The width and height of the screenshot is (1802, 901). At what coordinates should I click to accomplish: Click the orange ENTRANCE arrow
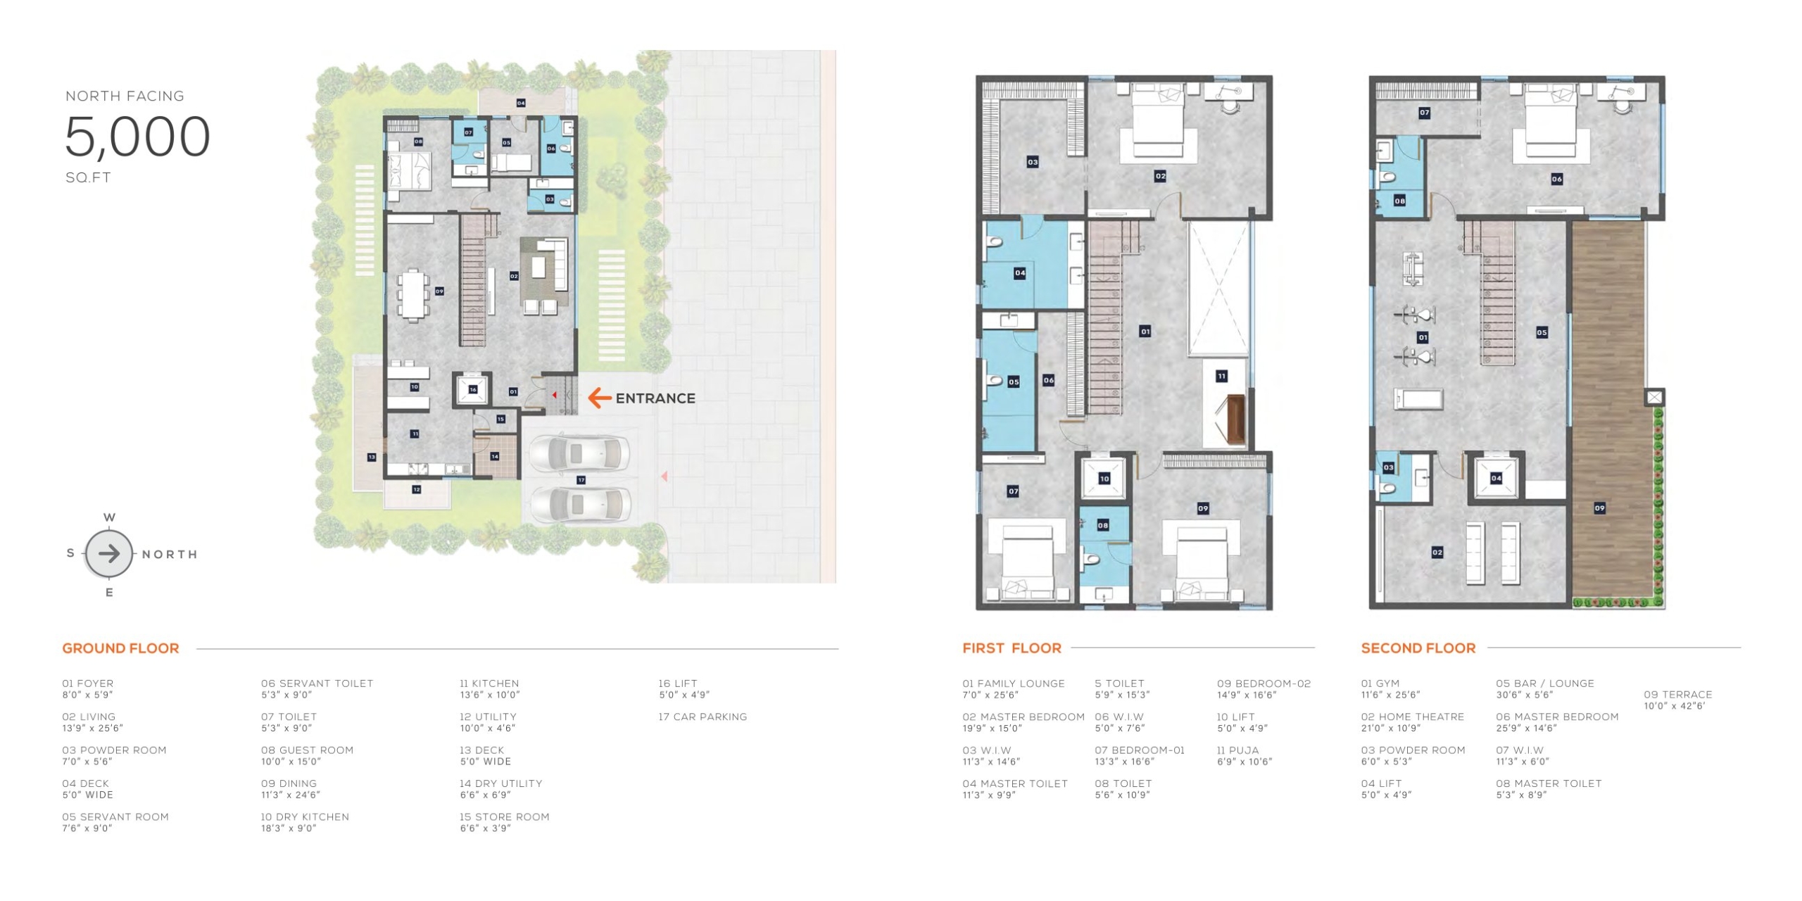pos(599,398)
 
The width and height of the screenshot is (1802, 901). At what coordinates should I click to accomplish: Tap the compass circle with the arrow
pos(109,554)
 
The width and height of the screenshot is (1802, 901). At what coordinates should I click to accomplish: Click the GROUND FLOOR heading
pos(120,648)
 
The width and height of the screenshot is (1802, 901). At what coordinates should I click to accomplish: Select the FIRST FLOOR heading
pos(1012,648)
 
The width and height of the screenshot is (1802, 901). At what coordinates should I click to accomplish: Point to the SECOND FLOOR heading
pos(1418,648)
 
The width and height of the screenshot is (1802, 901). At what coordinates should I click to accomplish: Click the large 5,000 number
pos(137,137)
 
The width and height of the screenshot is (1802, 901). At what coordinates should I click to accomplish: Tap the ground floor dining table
pos(412,295)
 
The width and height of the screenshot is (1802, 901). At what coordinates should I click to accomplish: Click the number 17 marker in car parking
pos(581,480)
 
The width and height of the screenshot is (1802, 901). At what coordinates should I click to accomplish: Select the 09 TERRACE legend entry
pos(1677,700)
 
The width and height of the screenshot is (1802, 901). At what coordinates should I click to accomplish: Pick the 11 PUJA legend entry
pos(1245,756)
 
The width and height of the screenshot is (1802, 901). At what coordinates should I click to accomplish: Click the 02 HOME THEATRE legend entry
pos(1412,722)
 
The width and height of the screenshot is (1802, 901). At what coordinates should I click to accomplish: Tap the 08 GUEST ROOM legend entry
pos(307,756)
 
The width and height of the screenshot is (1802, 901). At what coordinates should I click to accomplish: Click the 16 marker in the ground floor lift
pos(472,389)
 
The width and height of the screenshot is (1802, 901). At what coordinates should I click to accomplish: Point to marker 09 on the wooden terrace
pos(1599,508)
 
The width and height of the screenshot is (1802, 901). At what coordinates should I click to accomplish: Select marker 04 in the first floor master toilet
pos(1019,273)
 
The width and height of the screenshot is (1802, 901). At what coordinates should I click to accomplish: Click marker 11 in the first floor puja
pos(1221,377)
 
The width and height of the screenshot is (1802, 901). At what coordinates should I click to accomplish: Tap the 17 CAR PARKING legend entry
pos(702,717)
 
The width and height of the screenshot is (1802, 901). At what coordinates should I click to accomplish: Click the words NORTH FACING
pos(125,96)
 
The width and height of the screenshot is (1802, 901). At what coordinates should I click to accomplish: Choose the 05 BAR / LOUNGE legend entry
pos(1545,688)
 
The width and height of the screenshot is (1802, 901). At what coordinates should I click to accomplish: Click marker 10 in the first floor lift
pos(1104,479)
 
